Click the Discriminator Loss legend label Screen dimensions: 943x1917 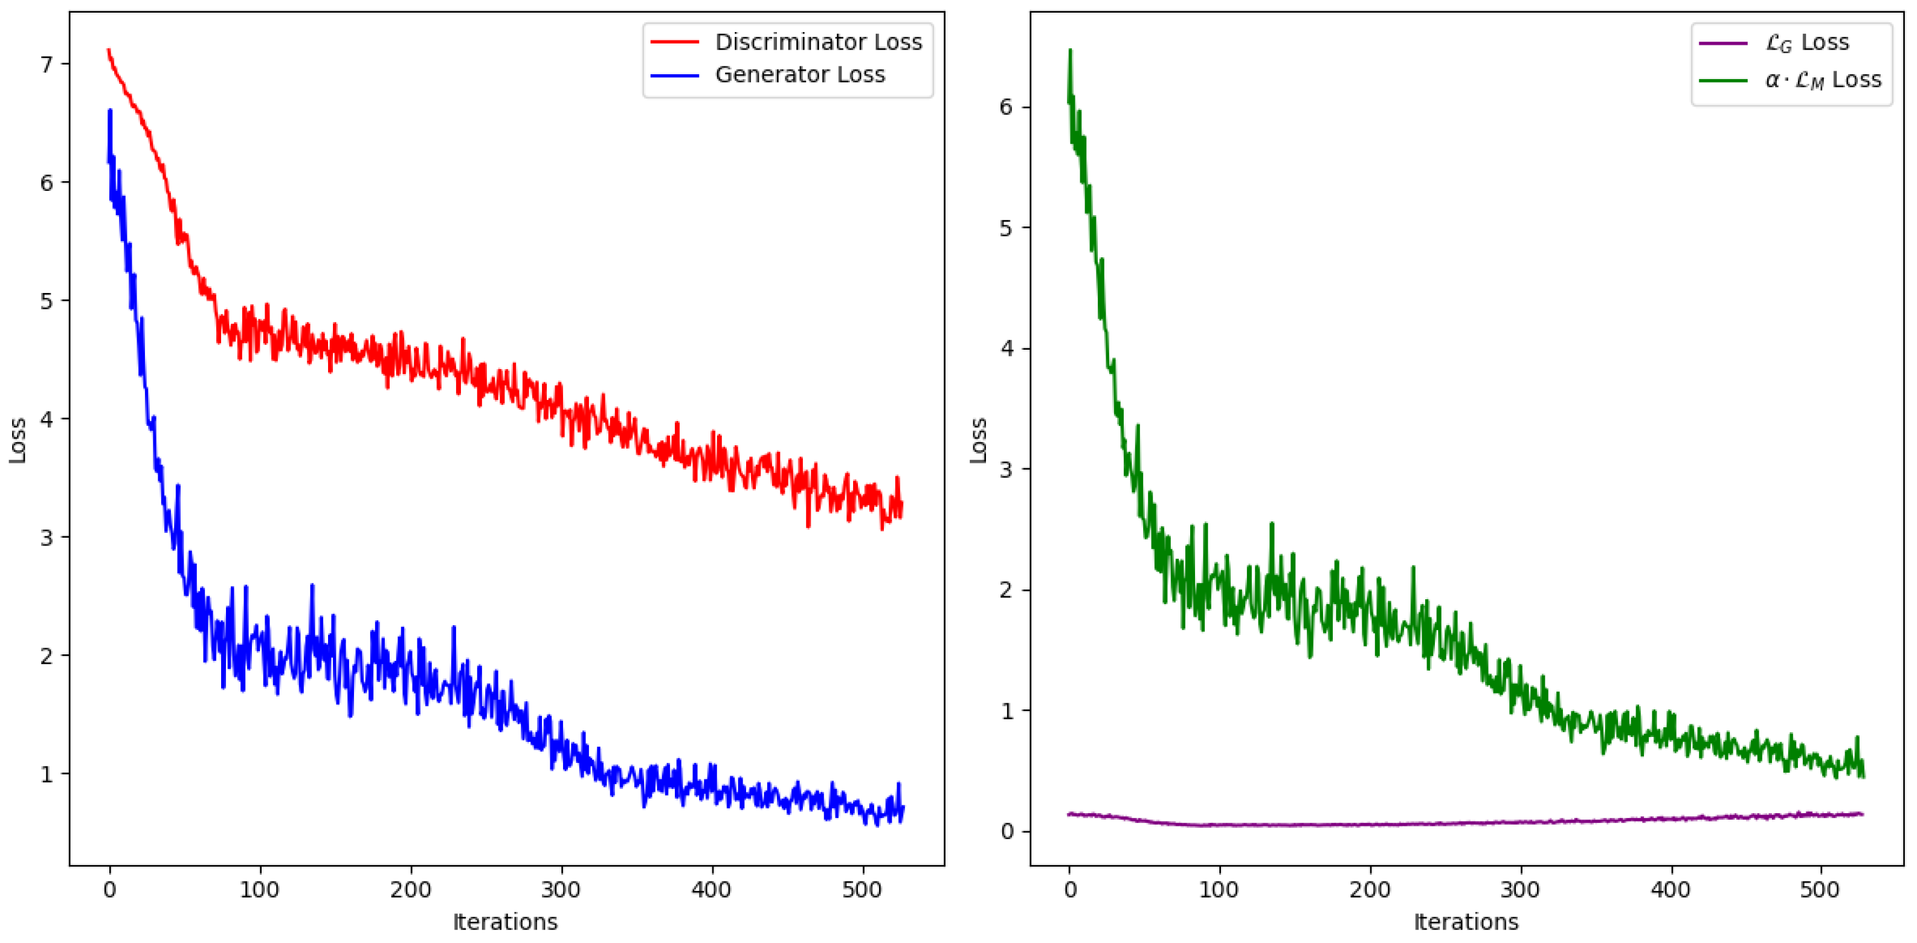pos(818,42)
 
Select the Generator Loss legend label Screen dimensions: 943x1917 pos(800,75)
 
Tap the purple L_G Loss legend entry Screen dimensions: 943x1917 pos(1807,43)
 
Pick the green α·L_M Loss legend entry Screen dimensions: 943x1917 pos(1823,80)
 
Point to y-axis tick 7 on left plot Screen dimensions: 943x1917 pos(47,65)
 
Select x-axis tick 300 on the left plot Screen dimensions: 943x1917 pos(561,889)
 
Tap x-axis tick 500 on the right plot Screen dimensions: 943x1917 pos(1820,889)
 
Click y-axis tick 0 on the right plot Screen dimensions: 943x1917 pos(1007,831)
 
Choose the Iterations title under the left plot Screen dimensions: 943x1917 pos(505,922)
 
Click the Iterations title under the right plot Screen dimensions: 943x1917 pos(1466,922)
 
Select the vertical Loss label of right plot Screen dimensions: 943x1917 pos(979,440)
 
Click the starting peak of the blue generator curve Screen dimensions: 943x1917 pos(110,111)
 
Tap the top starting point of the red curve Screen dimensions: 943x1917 pos(109,51)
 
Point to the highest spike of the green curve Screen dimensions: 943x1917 pos(1070,51)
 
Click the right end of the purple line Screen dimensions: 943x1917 pos(1862,814)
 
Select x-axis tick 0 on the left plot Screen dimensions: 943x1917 pos(110,889)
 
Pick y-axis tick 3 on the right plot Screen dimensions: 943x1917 pos(1007,469)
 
